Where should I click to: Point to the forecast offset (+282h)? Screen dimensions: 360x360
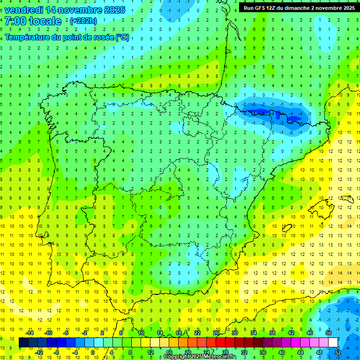click(x=83, y=21)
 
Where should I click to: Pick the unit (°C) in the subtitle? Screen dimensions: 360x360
click(x=122, y=37)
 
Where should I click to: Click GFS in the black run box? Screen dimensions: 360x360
click(x=258, y=7)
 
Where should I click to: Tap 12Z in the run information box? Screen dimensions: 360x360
click(x=271, y=7)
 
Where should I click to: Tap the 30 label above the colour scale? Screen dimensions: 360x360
click(x=234, y=333)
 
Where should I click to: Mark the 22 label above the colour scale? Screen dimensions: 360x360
click(x=197, y=333)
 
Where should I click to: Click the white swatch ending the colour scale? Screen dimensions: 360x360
click(x=333, y=343)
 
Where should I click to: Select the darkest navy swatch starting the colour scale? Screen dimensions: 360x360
click(x=23, y=343)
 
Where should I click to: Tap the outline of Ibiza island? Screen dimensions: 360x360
click(x=287, y=228)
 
